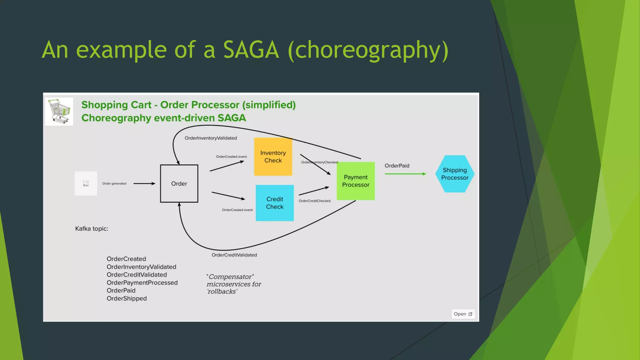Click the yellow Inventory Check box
coord(273,157)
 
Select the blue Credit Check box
coord(275,203)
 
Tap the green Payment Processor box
coord(356,181)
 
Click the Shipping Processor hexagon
coord(455,174)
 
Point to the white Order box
coord(179,183)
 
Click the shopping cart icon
coord(59,111)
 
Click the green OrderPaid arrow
coord(405,174)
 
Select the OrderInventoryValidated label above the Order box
coord(211,138)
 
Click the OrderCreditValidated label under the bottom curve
coord(234,255)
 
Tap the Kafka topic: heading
coord(92,229)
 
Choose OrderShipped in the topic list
coord(127,298)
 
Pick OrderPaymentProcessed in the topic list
coord(142,282)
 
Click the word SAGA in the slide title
coord(251,50)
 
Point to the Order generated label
coord(114,183)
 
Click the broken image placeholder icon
coord(86,183)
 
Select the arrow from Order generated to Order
coord(144,183)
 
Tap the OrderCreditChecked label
coord(314,201)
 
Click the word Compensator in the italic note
coord(230,277)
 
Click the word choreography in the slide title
coord(368,50)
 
